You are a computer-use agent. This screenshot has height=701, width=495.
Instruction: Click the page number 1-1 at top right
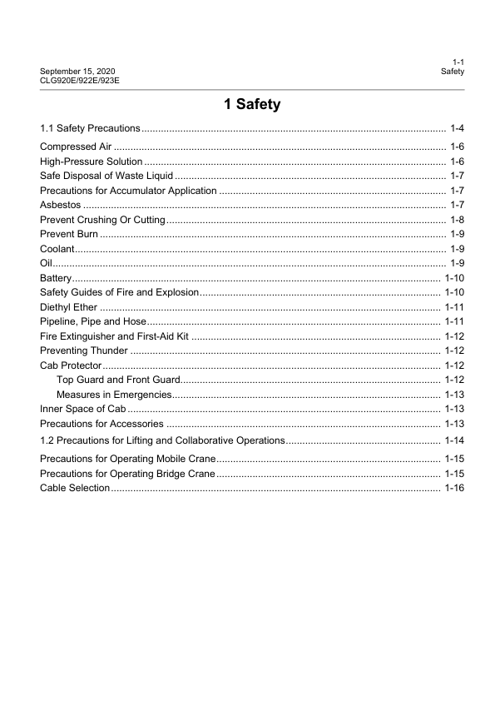coord(458,62)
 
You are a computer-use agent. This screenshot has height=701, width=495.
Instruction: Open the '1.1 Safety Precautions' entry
coord(90,128)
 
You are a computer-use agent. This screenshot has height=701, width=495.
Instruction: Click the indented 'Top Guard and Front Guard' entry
coord(113,380)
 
